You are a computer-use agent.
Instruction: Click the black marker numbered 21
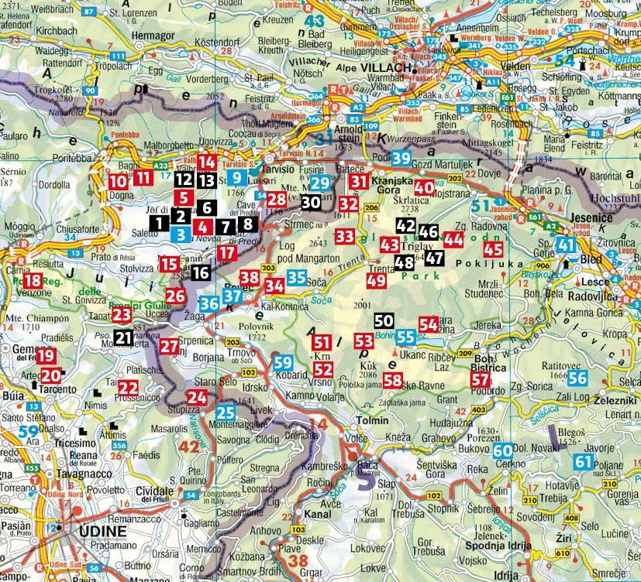coord(122,337)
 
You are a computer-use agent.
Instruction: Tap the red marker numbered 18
coord(33,282)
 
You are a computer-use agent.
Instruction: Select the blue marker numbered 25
coord(226,413)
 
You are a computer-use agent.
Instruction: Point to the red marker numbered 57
coord(481,379)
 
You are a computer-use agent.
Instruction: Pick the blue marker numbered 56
coord(577,378)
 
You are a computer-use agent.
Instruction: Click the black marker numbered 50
coord(383,320)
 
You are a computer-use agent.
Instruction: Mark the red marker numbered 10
coord(117,182)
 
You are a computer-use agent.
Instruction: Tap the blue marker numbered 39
coord(400,159)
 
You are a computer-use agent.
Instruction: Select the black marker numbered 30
coord(311,202)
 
